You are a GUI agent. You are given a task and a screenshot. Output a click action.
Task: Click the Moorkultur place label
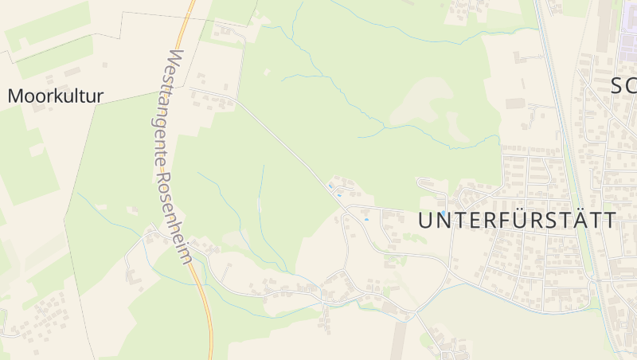point(56,96)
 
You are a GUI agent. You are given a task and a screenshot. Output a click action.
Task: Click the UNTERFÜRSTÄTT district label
point(518,221)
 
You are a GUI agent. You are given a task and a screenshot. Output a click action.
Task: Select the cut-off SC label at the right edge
point(623,85)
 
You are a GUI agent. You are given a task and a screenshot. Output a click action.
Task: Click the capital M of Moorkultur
point(14,96)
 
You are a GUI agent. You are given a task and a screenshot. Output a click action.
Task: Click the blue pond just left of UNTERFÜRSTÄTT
point(367,219)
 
